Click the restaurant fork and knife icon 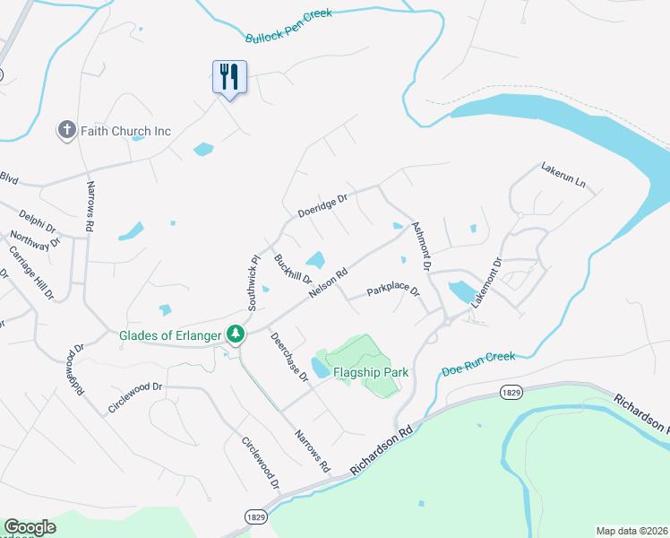229,77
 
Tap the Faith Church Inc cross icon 66,131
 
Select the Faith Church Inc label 125,131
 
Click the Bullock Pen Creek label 288,25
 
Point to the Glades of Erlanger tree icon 236,334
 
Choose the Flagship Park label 371,372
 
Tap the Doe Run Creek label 478,363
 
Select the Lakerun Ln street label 563,175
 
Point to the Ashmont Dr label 421,247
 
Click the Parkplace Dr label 392,292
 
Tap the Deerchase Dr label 289,358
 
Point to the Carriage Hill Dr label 30,270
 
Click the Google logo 30,527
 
